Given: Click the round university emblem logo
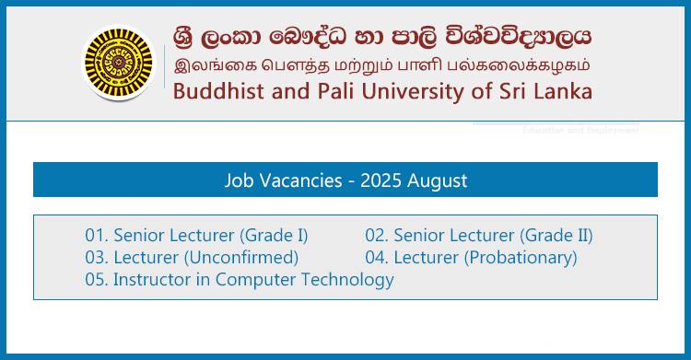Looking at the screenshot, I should point(118,63).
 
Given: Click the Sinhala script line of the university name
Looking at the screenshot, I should point(382,36).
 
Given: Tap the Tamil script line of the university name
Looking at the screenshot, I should point(382,65).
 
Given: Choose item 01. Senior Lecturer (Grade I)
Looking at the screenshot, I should point(196,235).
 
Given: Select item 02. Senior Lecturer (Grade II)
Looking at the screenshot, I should point(479,235).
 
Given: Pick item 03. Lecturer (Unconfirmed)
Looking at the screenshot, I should point(192,257).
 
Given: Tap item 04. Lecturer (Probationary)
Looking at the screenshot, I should point(471,257).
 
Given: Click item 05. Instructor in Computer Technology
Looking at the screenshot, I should point(240,280).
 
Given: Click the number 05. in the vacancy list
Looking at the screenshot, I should point(97,280).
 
